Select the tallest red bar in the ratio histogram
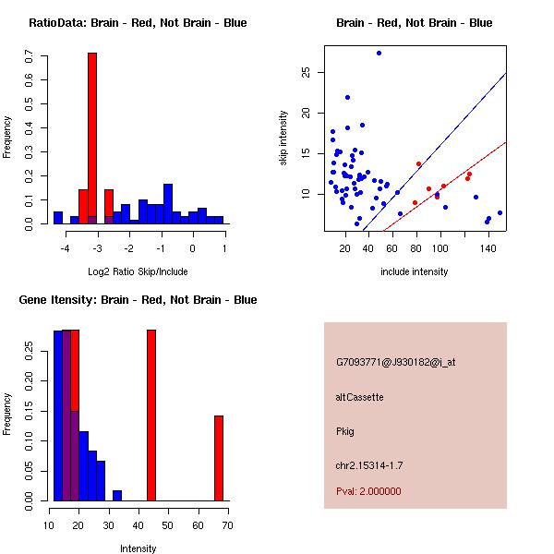(92, 138)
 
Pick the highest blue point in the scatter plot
(379, 53)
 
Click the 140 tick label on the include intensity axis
(488, 248)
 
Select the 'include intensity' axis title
(415, 272)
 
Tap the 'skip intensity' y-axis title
(283, 138)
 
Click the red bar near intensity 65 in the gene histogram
(219, 458)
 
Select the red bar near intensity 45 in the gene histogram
(151, 415)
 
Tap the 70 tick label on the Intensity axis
(227, 525)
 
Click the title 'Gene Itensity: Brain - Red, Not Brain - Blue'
(138, 300)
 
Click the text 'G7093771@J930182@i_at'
(395, 362)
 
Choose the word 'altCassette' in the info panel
(360, 397)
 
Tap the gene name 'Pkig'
(345, 431)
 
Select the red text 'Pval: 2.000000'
(368, 491)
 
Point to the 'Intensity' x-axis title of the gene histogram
(138, 548)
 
